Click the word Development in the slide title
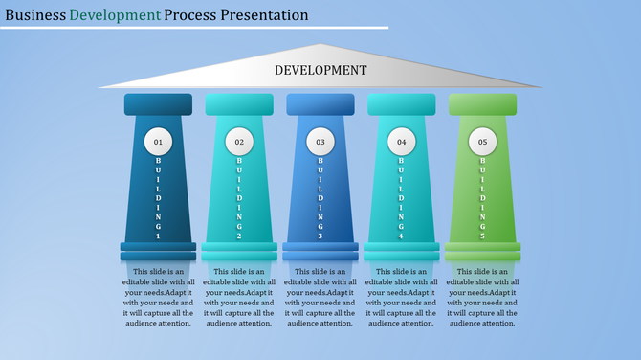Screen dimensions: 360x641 pyautogui.click(x=115, y=15)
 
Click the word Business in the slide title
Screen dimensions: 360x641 pyautogui.click(x=34, y=15)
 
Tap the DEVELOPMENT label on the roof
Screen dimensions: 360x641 pyautogui.click(x=320, y=70)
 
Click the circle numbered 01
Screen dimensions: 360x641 pyautogui.click(x=158, y=143)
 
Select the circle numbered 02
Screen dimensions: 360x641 pyautogui.click(x=239, y=143)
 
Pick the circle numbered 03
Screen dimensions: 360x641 pyautogui.click(x=320, y=143)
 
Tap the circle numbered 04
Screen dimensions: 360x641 pyautogui.click(x=402, y=143)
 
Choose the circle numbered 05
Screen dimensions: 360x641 pyautogui.click(x=483, y=143)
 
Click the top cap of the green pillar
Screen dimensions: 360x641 pyautogui.click(x=483, y=104)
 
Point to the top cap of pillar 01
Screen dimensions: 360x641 pyautogui.click(x=158, y=104)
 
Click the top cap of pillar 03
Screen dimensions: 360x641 pyautogui.click(x=320, y=104)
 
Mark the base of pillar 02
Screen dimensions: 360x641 pyautogui.click(x=239, y=252)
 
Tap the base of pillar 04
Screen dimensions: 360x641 pyautogui.click(x=402, y=252)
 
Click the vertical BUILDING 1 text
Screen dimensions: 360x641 pyautogui.click(x=158, y=198)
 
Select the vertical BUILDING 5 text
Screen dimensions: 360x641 pyautogui.click(x=483, y=198)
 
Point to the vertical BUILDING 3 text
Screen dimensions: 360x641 pyautogui.click(x=320, y=198)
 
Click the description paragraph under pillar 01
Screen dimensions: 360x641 pyautogui.click(x=158, y=297)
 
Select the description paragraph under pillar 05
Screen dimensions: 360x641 pyautogui.click(x=483, y=297)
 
